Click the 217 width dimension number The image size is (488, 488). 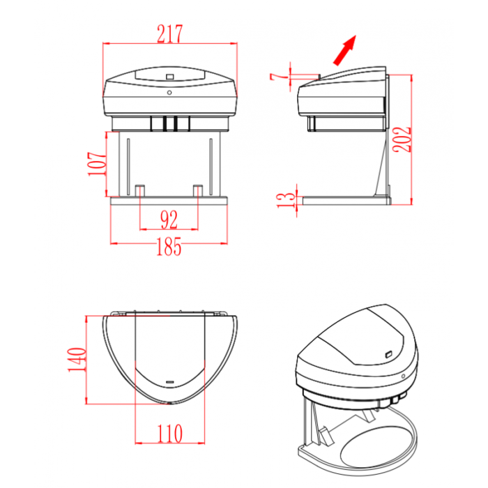169,33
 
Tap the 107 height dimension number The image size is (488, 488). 97,164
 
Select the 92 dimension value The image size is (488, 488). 169,220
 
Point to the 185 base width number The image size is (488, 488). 169,247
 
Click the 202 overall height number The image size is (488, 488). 402,139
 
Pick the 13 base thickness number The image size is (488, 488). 286,200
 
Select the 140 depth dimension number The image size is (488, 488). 77,360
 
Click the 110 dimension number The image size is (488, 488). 169,434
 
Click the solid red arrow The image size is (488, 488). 345,50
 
